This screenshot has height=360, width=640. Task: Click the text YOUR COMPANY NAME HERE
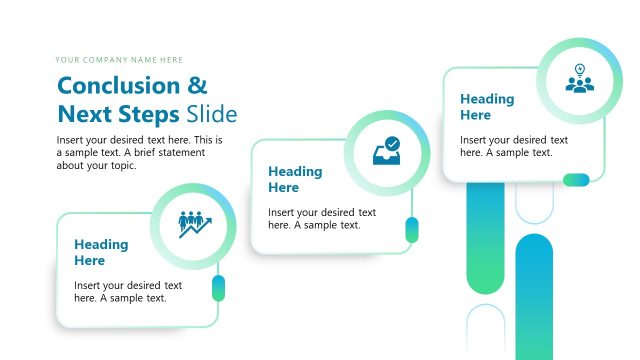click(x=119, y=60)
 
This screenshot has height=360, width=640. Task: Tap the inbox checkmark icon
click(x=386, y=152)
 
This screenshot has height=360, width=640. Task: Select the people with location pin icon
click(x=580, y=79)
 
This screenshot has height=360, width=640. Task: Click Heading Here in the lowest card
click(x=101, y=252)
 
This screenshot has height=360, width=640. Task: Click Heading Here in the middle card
click(x=295, y=179)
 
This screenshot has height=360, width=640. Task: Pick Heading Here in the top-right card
click(x=487, y=107)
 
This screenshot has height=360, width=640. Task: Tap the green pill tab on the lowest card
click(x=218, y=289)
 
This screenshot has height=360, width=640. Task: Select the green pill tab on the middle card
click(x=411, y=230)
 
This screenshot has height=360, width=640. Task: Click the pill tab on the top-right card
click(x=576, y=180)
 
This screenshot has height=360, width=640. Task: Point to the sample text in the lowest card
click(x=128, y=291)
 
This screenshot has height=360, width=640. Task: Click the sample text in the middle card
click(x=322, y=218)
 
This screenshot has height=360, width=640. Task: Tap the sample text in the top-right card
click(x=514, y=146)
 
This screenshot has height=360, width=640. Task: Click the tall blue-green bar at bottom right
click(x=534, y=295)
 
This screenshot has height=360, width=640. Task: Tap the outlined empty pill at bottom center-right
click(x=486, y=331)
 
